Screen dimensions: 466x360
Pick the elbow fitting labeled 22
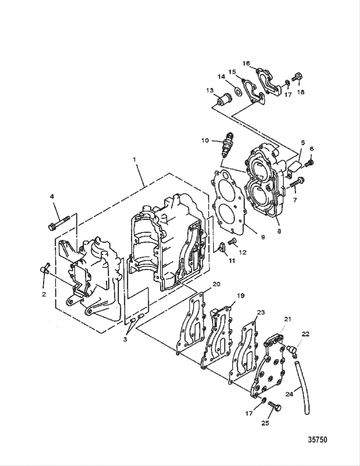292,349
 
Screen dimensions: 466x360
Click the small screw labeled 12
232,240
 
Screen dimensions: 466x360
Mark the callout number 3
125,339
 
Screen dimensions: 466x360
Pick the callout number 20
216,284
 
